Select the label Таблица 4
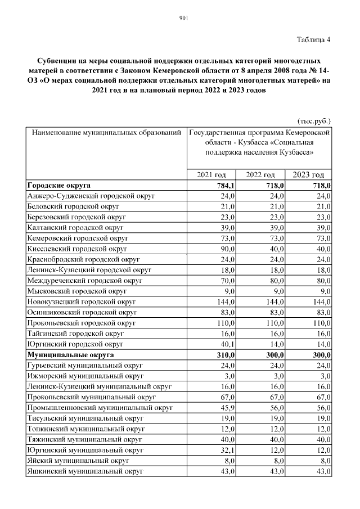[313, 39]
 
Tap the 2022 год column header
[260, 175]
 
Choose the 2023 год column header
[309, 175]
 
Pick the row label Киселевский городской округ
[77, 248]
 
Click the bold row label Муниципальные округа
[70, 354]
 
